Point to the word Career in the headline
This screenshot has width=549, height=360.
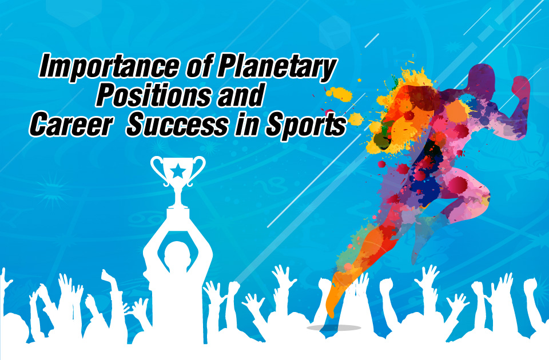[x=72, y=125]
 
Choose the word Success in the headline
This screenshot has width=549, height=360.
[x=177, y=125]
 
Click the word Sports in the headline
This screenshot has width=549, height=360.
[x=305, y=125]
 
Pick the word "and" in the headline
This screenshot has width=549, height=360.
[x=240, y=95]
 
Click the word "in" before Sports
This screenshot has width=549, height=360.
[x=246, y=125]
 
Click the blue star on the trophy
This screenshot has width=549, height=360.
[x=178, y=171]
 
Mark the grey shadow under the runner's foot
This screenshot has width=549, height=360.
[x=334, y=328]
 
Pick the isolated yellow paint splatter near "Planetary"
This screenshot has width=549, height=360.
[x=339, y=94]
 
